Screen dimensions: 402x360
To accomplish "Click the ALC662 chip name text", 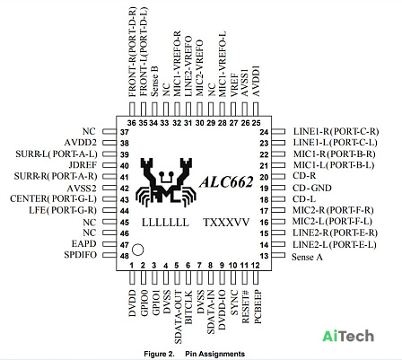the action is pyautogui.click(x=226, y=181).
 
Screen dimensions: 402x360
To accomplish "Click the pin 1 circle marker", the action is pyautogui.click(x=138, y=250).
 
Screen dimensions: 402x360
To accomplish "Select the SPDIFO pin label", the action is pyautogui.click(x=81, y=255).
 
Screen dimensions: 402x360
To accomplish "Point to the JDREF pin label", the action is pyautogui.click(x=83, y=165).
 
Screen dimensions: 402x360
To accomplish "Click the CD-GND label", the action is pyautogui.click(x=312, y=188).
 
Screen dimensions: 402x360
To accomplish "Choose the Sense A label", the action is pyautogui.click(x=307, y=257).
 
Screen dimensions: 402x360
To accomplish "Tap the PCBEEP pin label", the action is pyautogui.click(x=258, y=306).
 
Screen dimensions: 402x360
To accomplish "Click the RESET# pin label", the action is pyautogui.click(x=245, y=306).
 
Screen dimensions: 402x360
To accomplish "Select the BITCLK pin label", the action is pyautogui.click(x=188, y=307).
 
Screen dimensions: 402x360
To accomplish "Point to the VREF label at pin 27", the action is pyautogui.click(x=234, y=85).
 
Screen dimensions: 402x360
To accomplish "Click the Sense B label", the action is pyautogui.click(x=154, y=81).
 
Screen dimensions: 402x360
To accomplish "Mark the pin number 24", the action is pyautogui.click(x=264, y=132).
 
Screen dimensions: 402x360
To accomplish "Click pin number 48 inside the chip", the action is pyautogui.click(x=125, y=256).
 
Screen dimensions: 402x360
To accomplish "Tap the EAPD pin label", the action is pyautogui.click(x=84, y=244).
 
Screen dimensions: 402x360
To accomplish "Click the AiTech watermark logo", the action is pyautogui.click(x=348, y=336).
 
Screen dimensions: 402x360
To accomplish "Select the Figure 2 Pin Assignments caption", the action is pyautogui.click(x=195, y=354).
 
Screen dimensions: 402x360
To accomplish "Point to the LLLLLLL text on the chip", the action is pyautogui.click(x=165, y=223).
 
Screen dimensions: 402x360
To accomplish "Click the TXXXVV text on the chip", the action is pyautogui.click(x=226, y=223).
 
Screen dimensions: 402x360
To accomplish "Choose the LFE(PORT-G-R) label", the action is pyautogui.click(x=63, y=210).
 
